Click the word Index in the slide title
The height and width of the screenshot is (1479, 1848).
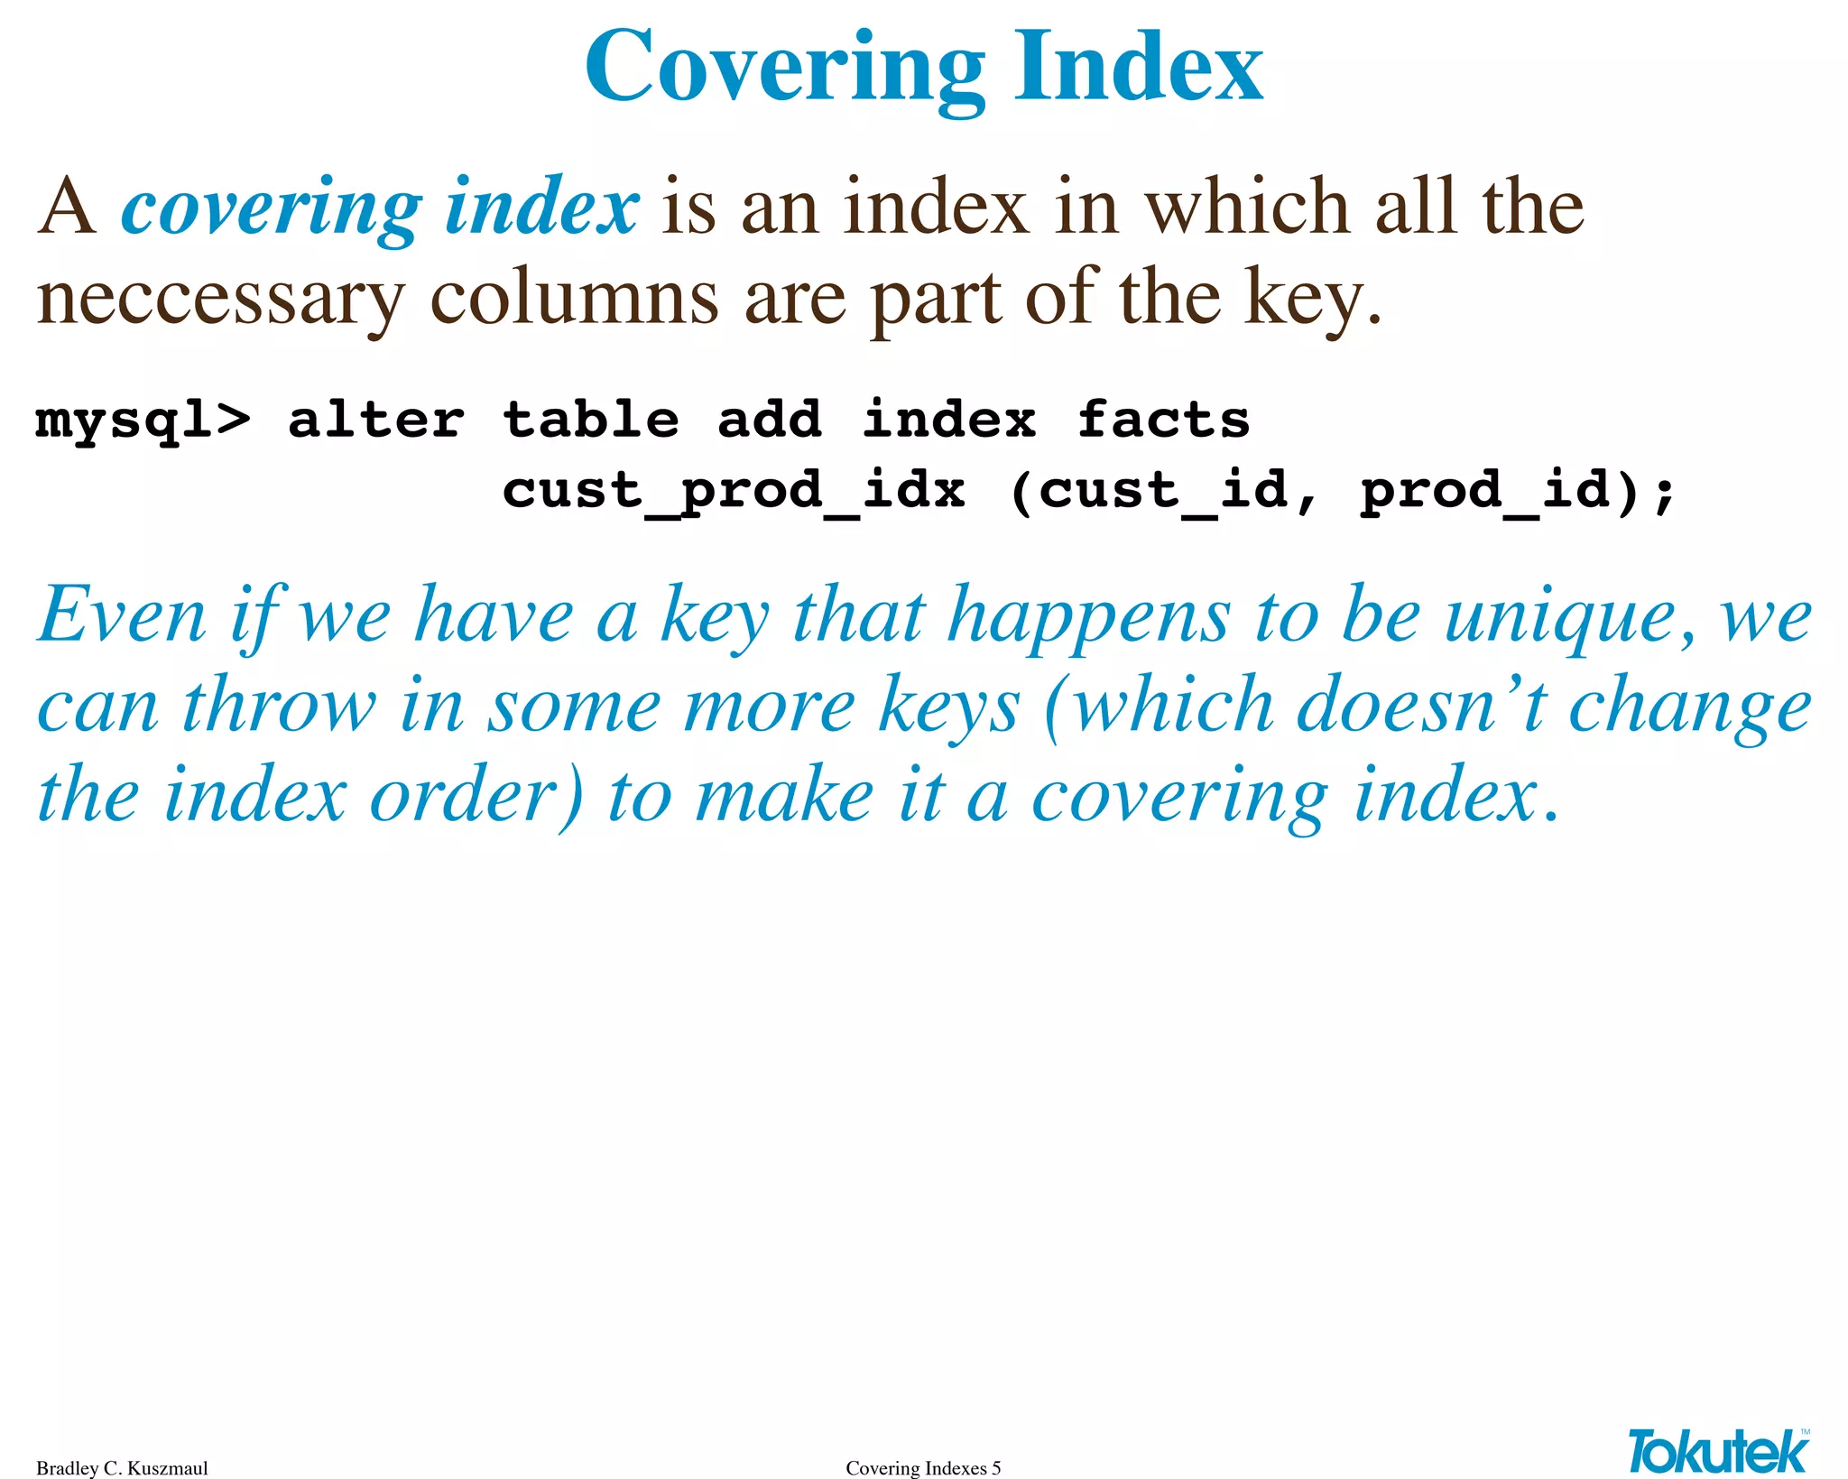coord(1138,68)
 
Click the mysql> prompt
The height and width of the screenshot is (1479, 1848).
coord(143,421)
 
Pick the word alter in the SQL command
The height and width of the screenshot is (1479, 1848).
coord(375,421)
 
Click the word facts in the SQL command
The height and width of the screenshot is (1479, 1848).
coord(1163,420)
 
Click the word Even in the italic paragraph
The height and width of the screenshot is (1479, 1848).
coord(123,616)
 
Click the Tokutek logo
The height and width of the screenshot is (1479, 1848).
coord(1718,1450)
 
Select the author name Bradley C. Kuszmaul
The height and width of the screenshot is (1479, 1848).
coord(122,1468)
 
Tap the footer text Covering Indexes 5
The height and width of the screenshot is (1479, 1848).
coord(923,1468)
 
